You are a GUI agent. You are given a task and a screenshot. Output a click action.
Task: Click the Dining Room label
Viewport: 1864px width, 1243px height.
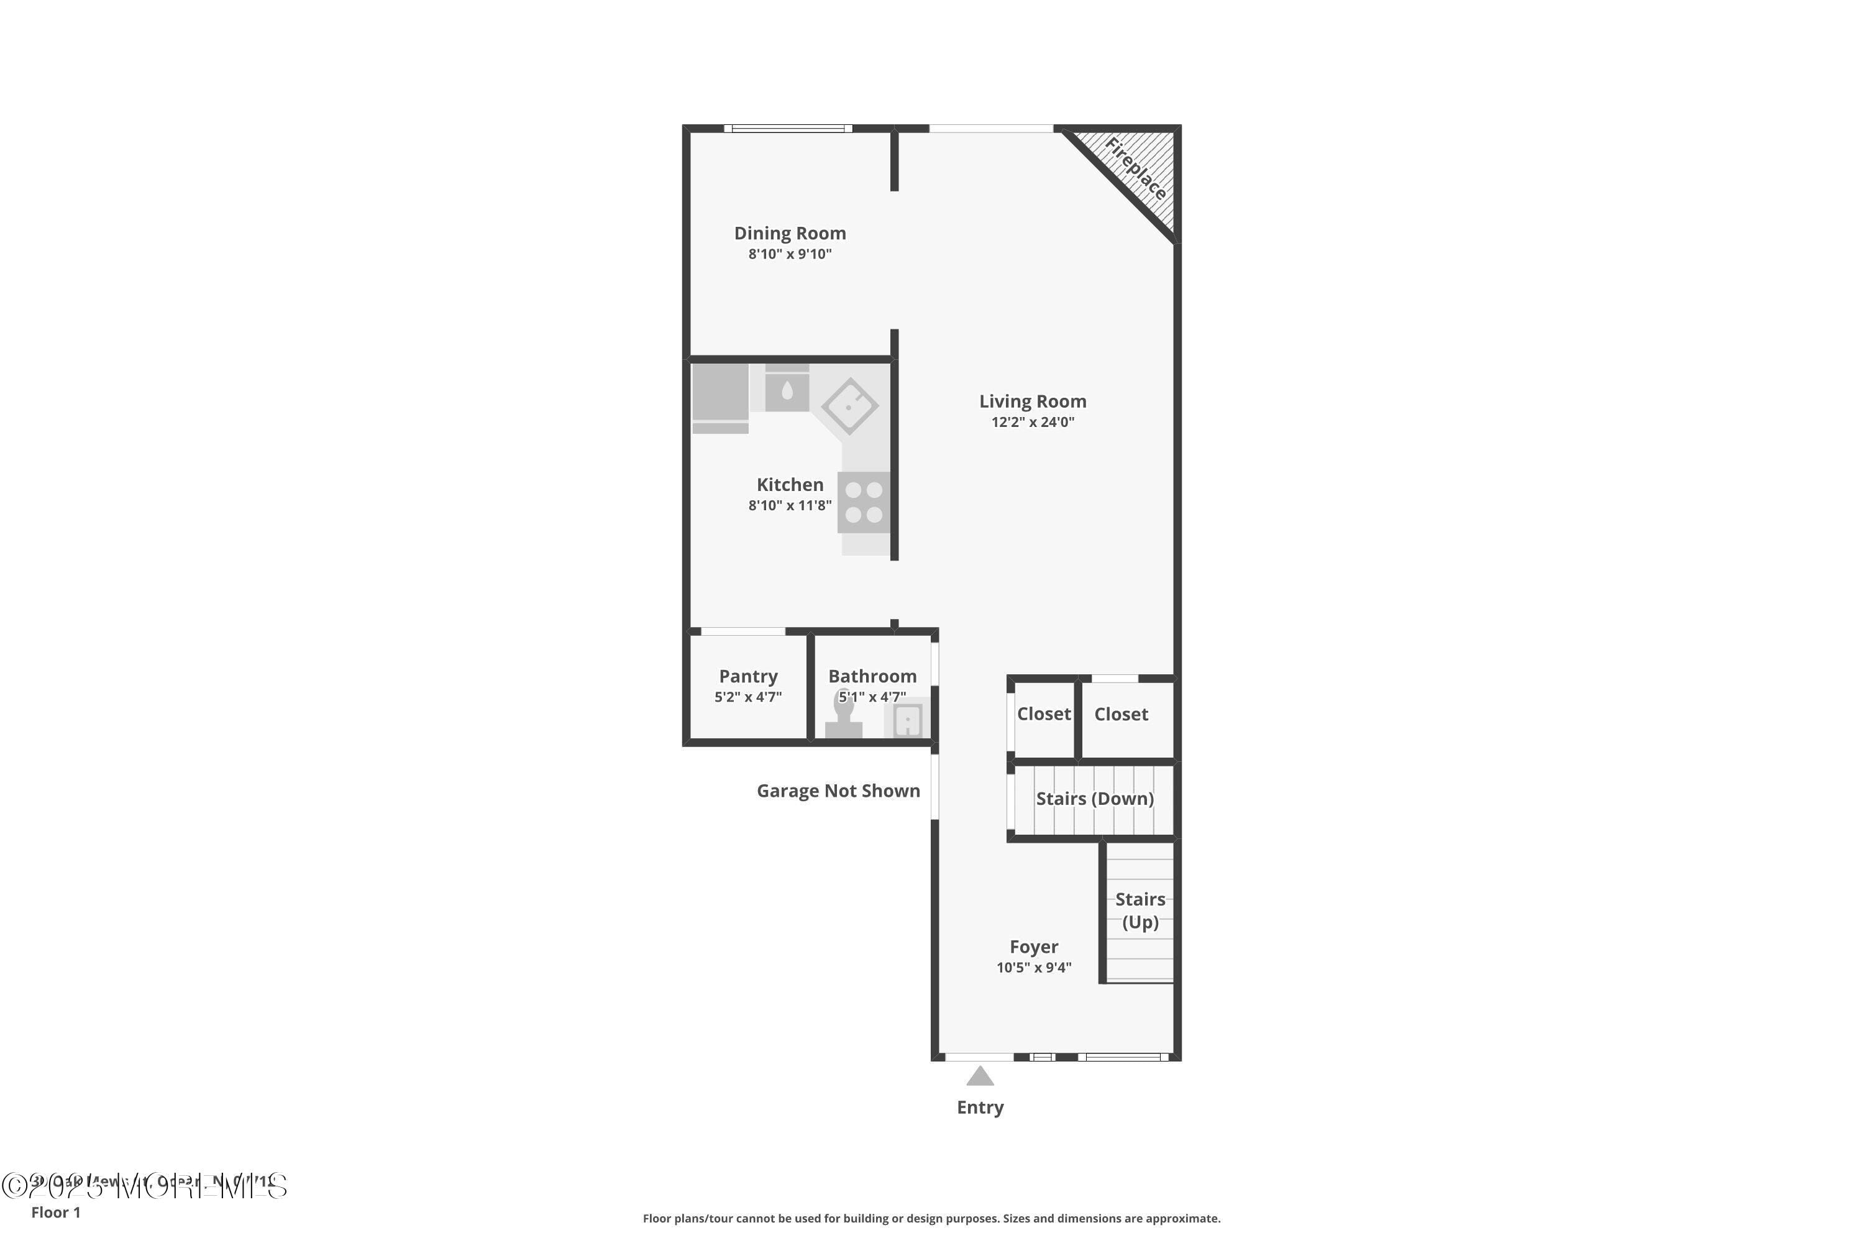[x=789, y=233]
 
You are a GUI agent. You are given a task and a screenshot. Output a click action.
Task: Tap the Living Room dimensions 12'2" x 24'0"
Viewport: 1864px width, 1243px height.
[x=1032, y=423]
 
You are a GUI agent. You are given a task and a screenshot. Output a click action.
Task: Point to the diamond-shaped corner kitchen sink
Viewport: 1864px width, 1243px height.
[x=849, y=406]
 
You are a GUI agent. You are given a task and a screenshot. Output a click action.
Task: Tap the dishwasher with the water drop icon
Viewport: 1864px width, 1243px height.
[x=787, y=390]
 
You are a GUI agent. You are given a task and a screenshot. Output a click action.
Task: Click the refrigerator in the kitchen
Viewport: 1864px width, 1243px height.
[x=720, y=394]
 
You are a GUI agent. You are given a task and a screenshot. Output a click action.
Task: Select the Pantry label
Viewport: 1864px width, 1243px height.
[x=747, y=676]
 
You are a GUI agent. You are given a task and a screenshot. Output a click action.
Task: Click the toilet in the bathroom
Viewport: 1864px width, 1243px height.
[x=843, y=720]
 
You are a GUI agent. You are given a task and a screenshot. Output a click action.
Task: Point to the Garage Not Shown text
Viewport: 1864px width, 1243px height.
[x=838, y=791]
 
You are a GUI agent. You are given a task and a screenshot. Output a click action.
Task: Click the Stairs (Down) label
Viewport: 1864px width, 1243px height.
[x=1094, y=798]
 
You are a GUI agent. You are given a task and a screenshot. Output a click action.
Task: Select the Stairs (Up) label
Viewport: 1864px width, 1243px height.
[x=1140, y=910]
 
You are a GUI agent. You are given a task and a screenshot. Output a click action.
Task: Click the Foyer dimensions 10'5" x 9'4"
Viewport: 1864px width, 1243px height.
[x=1033, y=967]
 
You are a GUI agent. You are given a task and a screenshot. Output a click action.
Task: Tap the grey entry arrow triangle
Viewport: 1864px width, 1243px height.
[x=980, y=1076]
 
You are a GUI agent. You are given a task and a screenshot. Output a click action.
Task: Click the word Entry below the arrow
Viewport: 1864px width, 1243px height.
[x=980, y=1108]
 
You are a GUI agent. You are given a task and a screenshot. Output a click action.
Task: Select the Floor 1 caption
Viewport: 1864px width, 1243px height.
[x=55, y=1212]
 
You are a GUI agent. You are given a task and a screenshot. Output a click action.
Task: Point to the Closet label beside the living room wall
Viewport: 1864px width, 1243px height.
[x=1121, y=714]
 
